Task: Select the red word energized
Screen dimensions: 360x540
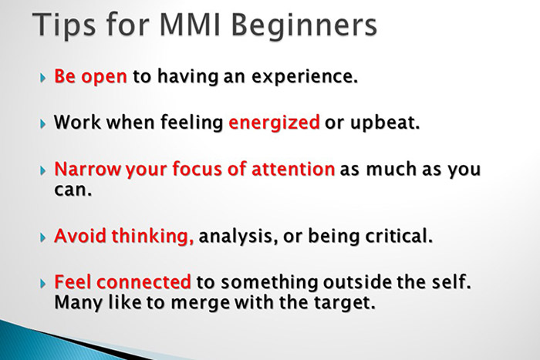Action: tap(274, 124)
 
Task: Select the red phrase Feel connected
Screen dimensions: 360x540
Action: tap(122, 281)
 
